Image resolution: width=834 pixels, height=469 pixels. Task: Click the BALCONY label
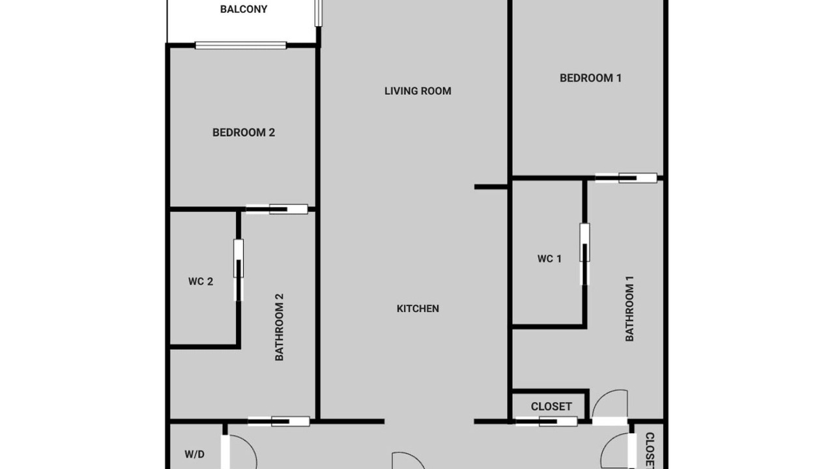tap(244, 9)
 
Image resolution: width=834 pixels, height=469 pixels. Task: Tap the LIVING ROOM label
tap(418, 91)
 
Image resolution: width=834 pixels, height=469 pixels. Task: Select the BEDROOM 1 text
tap(590, 78)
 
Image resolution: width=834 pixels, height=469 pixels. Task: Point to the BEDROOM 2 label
tap(244, 132)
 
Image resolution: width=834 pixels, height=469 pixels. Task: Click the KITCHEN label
tap(418, 309)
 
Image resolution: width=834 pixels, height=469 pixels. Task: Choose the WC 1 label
tap(549, 259)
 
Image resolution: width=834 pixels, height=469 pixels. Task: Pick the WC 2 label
tap(201, 281)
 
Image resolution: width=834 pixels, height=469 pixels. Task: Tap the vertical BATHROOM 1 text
tap(629, 309)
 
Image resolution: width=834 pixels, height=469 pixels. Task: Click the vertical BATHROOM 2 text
tap(280, 327)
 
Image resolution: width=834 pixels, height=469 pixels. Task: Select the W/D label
tap(194, 455)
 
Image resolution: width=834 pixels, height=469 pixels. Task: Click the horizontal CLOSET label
tap(551, 406)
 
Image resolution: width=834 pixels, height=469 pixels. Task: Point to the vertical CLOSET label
tap(650, 450)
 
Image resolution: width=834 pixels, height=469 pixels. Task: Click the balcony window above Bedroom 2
tap(240, 46)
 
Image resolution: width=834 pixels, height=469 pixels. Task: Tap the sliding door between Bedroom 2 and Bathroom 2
tap(277, 209)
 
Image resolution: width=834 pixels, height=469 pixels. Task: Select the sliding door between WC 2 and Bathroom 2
tap(238, 270)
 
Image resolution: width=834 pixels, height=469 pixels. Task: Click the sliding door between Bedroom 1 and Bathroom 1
tap(626, 178)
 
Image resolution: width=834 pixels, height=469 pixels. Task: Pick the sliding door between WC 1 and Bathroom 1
tap(584, 254)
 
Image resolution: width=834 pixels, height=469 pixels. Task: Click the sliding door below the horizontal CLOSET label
tap(546, 421)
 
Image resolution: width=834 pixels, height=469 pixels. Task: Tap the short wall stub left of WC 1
tap(491, 187)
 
